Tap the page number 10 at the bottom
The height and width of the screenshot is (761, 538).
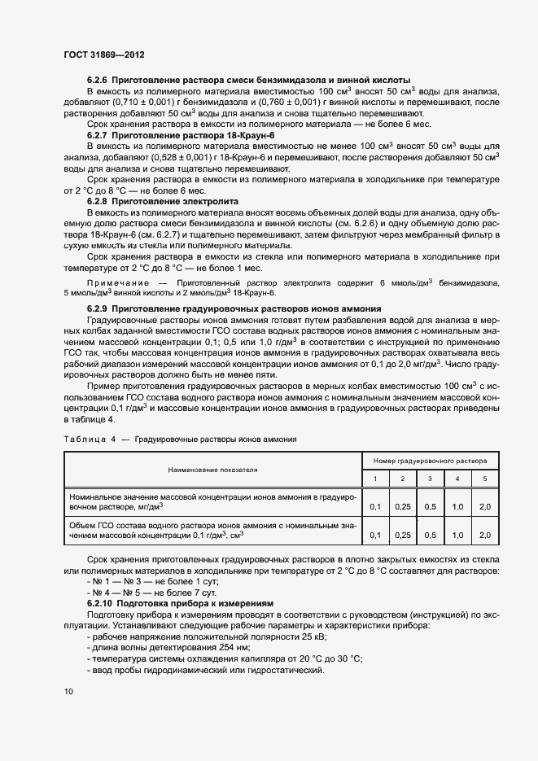(68, 692)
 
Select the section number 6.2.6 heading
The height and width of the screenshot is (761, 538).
(98, 80)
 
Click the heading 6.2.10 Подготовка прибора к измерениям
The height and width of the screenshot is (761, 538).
(180, 603)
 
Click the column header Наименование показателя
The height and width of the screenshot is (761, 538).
(212, 470)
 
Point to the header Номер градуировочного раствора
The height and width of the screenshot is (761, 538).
(430, 460)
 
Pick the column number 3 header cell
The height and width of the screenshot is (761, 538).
(430, 478)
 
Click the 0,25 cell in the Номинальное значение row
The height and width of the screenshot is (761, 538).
(403, 506)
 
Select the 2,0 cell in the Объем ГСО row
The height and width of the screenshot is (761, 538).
(485, 535)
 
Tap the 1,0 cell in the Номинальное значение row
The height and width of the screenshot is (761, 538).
(457, 506)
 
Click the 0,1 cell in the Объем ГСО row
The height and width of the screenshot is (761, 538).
(375, 535)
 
